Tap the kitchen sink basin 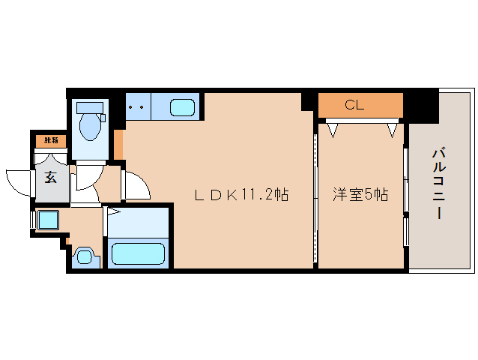coord(182,107)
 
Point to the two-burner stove coord(136,106)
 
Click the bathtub coord(139,253)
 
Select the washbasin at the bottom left coord(85,257)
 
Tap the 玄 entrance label coord(50,178)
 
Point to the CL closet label coord(354,106)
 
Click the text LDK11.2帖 coord(241,195)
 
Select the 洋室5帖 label coord(360,195)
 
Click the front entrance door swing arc coord(17,180)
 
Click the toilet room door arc coord(85,180)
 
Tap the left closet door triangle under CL coord(333,130)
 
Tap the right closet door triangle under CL coord(392,130)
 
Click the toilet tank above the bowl coord(91,106)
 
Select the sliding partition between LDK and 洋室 coord(315,195)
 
